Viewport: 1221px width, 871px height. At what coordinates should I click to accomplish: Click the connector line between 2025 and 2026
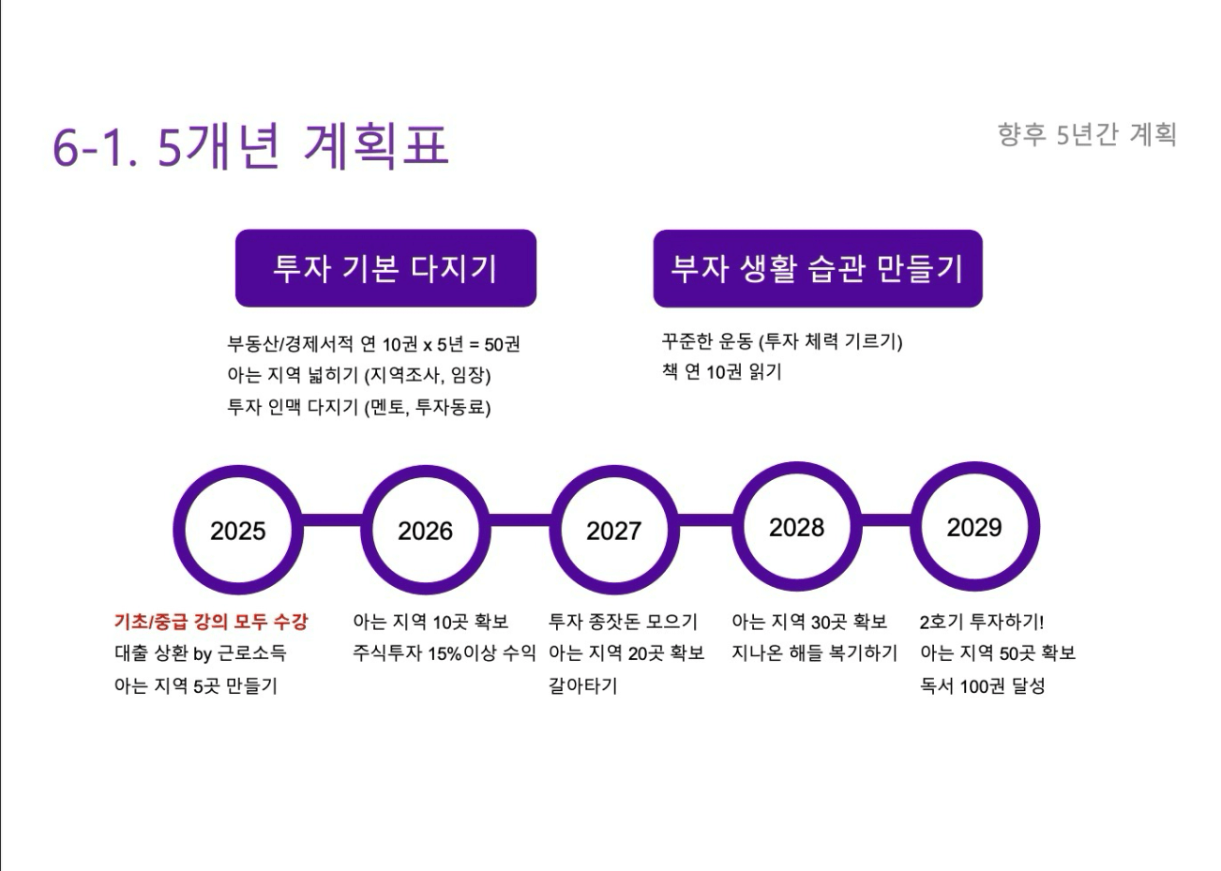tap(332, 520)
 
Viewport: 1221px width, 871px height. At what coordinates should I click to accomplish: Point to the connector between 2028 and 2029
tap(886, 520)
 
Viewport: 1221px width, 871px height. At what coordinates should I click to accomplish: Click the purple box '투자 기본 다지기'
tap(386, 268)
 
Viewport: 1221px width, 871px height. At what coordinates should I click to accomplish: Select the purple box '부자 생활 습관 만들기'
tap(818, 269)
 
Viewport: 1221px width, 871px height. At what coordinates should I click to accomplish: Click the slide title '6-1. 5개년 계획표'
tap(250, 145)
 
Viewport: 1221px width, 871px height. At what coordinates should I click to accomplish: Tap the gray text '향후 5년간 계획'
tap(1087, 135)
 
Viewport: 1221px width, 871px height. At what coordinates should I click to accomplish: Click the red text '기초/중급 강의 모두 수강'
tap(211, 622)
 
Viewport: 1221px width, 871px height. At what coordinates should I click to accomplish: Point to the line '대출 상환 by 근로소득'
tap(200, 653)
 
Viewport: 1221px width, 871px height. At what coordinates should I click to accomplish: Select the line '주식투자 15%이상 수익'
tap(445, 653)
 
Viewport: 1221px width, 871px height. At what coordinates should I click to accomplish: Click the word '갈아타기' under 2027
tap(582, 685)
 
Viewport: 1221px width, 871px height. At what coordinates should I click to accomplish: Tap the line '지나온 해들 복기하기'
tap(814, 653)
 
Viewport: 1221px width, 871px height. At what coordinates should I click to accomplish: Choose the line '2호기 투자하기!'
tap(982, 622)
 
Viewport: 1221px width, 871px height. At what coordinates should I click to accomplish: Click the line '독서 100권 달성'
tap(982, 685)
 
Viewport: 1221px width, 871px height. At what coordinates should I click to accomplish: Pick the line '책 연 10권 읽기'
tap(722, 371)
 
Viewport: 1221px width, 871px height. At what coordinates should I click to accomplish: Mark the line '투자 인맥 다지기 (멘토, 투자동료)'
tap(358, 407)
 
